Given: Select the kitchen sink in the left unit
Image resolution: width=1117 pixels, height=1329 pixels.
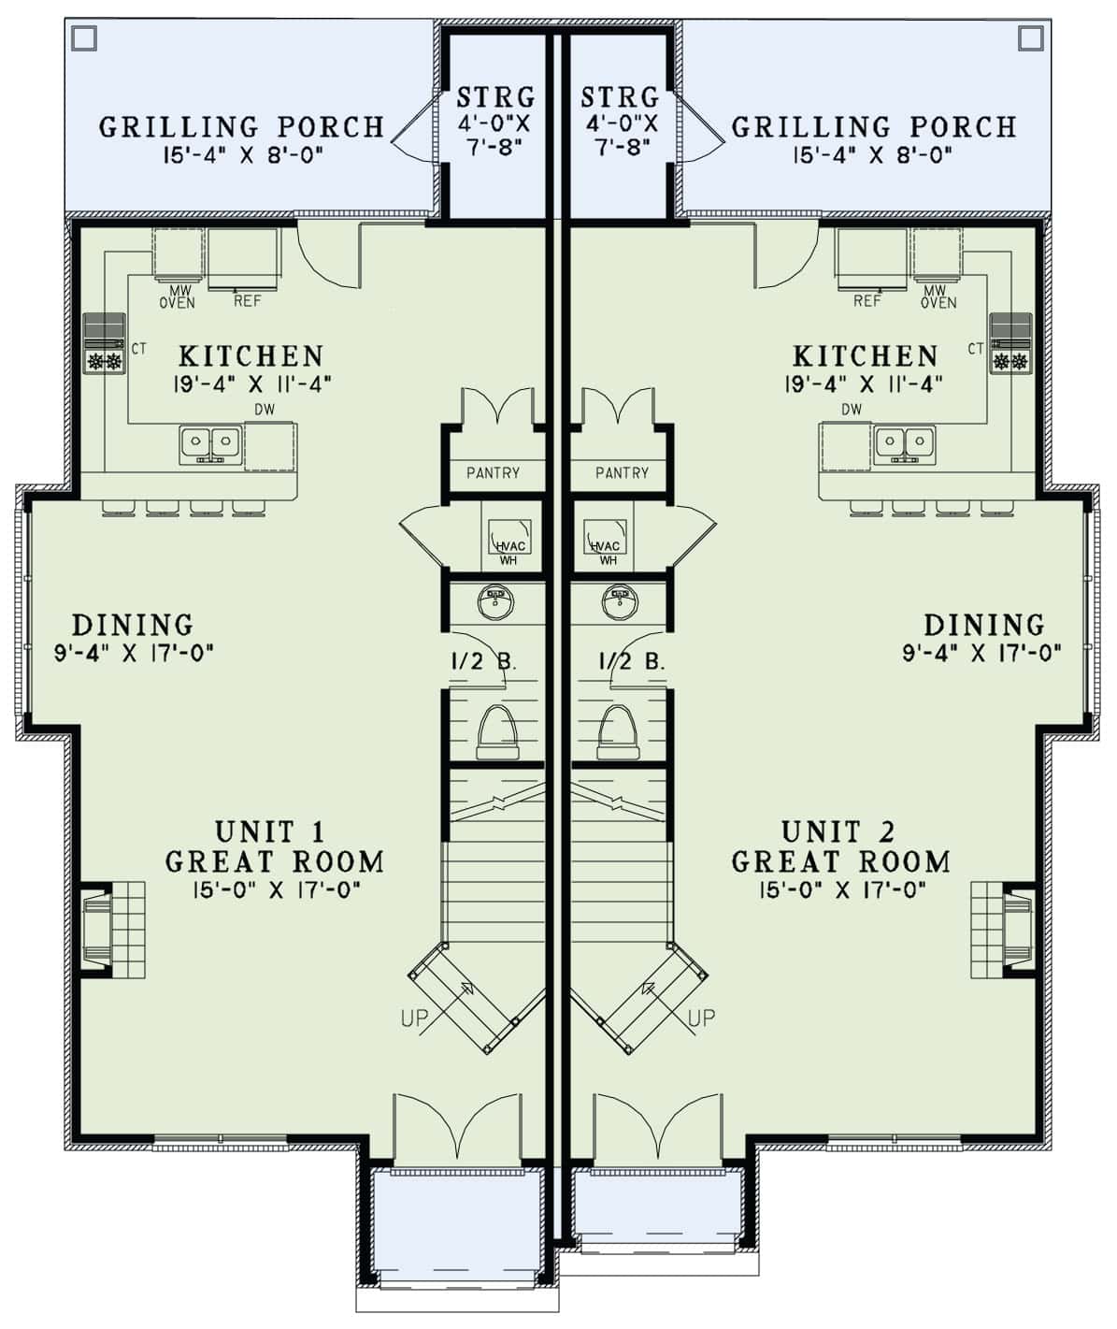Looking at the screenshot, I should (210, 442).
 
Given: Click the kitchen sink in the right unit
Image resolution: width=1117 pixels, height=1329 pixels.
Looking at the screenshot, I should (905, 442).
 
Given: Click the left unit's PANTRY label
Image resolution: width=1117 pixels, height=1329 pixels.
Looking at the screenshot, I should (493, 473).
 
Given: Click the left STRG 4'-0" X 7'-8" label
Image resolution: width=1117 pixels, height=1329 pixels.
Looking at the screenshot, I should (495, 121).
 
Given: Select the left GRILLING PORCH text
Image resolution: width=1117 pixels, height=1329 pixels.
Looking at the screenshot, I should (241, 126).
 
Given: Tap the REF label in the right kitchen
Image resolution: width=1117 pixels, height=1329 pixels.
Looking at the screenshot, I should (866, 301).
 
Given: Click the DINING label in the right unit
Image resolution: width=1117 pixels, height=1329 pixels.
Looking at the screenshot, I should (983, 625).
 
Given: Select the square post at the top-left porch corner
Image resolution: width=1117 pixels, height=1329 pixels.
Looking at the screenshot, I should (84, 37).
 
